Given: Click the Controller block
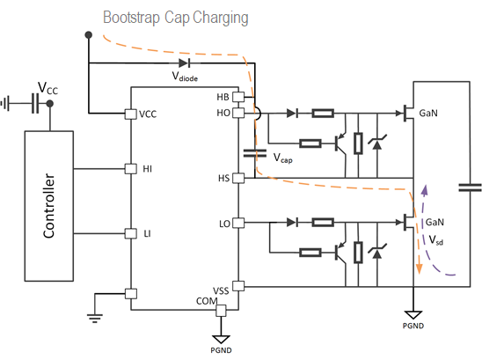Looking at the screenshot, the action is tap(49, 206).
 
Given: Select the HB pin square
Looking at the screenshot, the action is tap(238, 97).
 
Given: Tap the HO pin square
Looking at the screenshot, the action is tap(238, 113).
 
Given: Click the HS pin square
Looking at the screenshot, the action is tap(238, 178).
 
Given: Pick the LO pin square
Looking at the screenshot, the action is tap(238, 223).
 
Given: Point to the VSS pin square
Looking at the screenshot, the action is tap(238, 286).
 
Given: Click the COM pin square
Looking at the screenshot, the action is tap(221, 311).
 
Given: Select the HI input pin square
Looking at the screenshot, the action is tap(131, 169).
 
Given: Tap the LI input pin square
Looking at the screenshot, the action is tap(131, 233).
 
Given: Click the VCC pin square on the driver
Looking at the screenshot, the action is tap(131, 114).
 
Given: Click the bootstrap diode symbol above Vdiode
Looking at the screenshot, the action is tap(185, 63).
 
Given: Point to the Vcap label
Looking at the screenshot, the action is tap(283, 158).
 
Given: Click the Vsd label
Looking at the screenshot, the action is tap(436, 240).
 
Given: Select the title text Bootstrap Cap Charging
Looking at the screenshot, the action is tap(176, 18).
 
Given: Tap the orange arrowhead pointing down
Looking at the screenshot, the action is tap(419, 269).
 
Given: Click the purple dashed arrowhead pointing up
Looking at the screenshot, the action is tap(425, 190).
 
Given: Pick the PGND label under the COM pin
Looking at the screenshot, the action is tap(221, 350).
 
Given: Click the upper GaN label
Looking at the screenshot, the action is tap(428, 113).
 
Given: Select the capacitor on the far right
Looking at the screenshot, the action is tap(470, 187).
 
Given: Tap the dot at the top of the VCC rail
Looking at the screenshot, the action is tap(89, 35).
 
